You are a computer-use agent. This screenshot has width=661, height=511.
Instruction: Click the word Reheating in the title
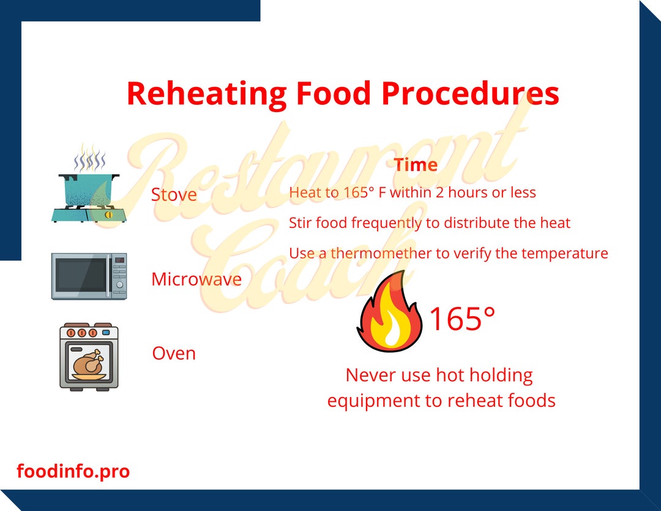pos(206,94)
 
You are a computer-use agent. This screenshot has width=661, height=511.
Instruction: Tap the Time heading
pos(416,165)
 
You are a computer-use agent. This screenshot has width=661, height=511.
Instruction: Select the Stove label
pos(174,195)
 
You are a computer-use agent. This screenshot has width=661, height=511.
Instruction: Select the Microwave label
pos(196,279)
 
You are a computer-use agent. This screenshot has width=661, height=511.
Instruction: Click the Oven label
pos(174,354)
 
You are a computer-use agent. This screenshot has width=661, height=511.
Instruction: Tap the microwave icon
pos(89,276)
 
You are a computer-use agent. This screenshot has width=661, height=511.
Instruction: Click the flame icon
pos(389,312)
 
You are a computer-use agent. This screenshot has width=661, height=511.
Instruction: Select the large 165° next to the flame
pos(461,319)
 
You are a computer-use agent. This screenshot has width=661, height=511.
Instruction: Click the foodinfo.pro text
pos(73,472)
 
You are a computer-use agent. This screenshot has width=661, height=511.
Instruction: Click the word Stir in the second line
pos(299,223)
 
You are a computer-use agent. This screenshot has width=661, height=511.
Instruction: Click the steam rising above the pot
pos(89,159)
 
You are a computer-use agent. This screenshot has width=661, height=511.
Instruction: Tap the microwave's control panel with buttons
pos(119,276)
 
